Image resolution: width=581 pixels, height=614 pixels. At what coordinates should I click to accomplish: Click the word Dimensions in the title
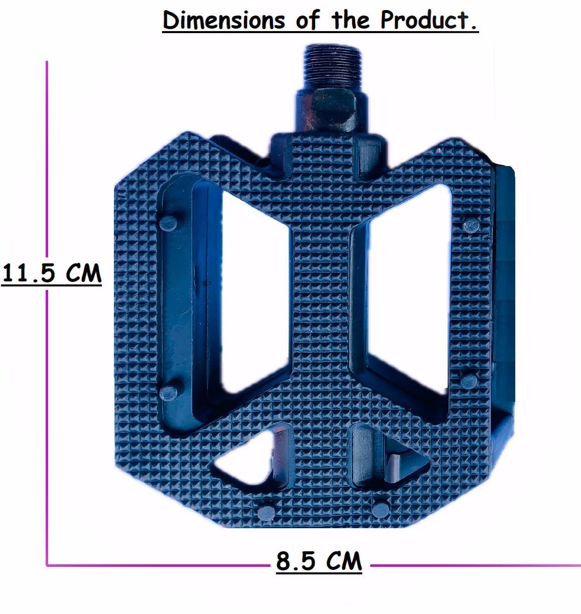(x=224, y=20)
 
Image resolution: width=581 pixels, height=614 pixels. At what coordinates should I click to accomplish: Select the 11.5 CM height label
(x=52, y=273)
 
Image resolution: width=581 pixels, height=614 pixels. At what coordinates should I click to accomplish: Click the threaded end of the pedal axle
(x=333, y=67)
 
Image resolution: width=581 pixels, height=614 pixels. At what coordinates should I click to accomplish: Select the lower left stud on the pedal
(x=168, y=393)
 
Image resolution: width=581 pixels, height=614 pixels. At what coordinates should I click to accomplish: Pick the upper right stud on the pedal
(x=471, y=225)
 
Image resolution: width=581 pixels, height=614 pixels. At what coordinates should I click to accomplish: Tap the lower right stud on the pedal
(x=469, y=380)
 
